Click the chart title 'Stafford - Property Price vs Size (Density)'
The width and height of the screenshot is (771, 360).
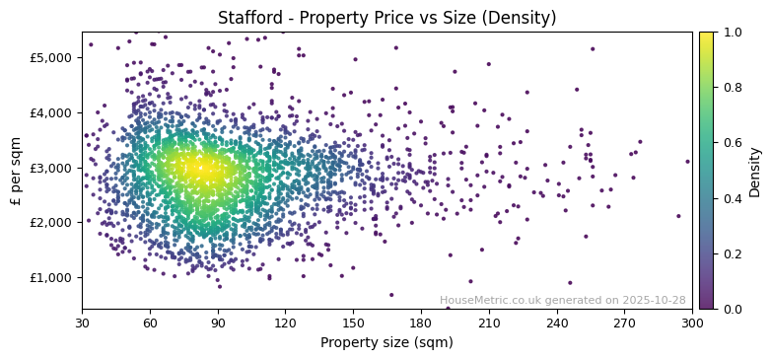tap(386, 18)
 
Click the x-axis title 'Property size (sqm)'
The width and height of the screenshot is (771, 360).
tap(386, 343)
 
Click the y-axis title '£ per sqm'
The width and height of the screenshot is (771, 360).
tap(16, 170)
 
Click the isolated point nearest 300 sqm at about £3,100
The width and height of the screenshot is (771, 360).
tap(687, 162)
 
